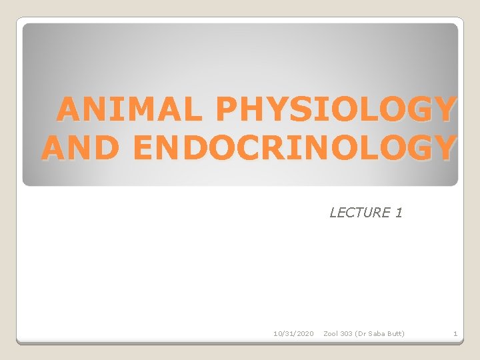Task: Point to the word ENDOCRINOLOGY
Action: (x=295, y=147)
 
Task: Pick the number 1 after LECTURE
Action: (x=399, y=213)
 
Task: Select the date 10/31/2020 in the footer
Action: (x=293, y=333)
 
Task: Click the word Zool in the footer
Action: (x=331, y=333)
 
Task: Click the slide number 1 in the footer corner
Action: (x=455, y=333)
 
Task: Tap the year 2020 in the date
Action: (x=303, y=333)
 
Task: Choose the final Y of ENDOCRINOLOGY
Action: (x=443, y=147)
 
